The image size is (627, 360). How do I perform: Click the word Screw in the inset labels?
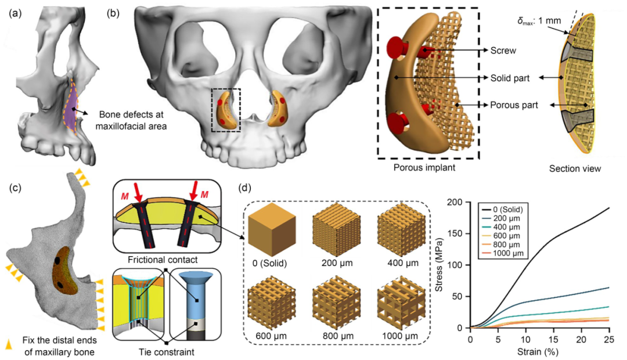(x=503, y=51)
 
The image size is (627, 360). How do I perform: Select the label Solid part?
(x=510, y=78)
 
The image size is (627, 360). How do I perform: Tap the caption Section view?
(x=575, y=170)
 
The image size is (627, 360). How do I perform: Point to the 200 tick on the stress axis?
(x=459, y=201)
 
